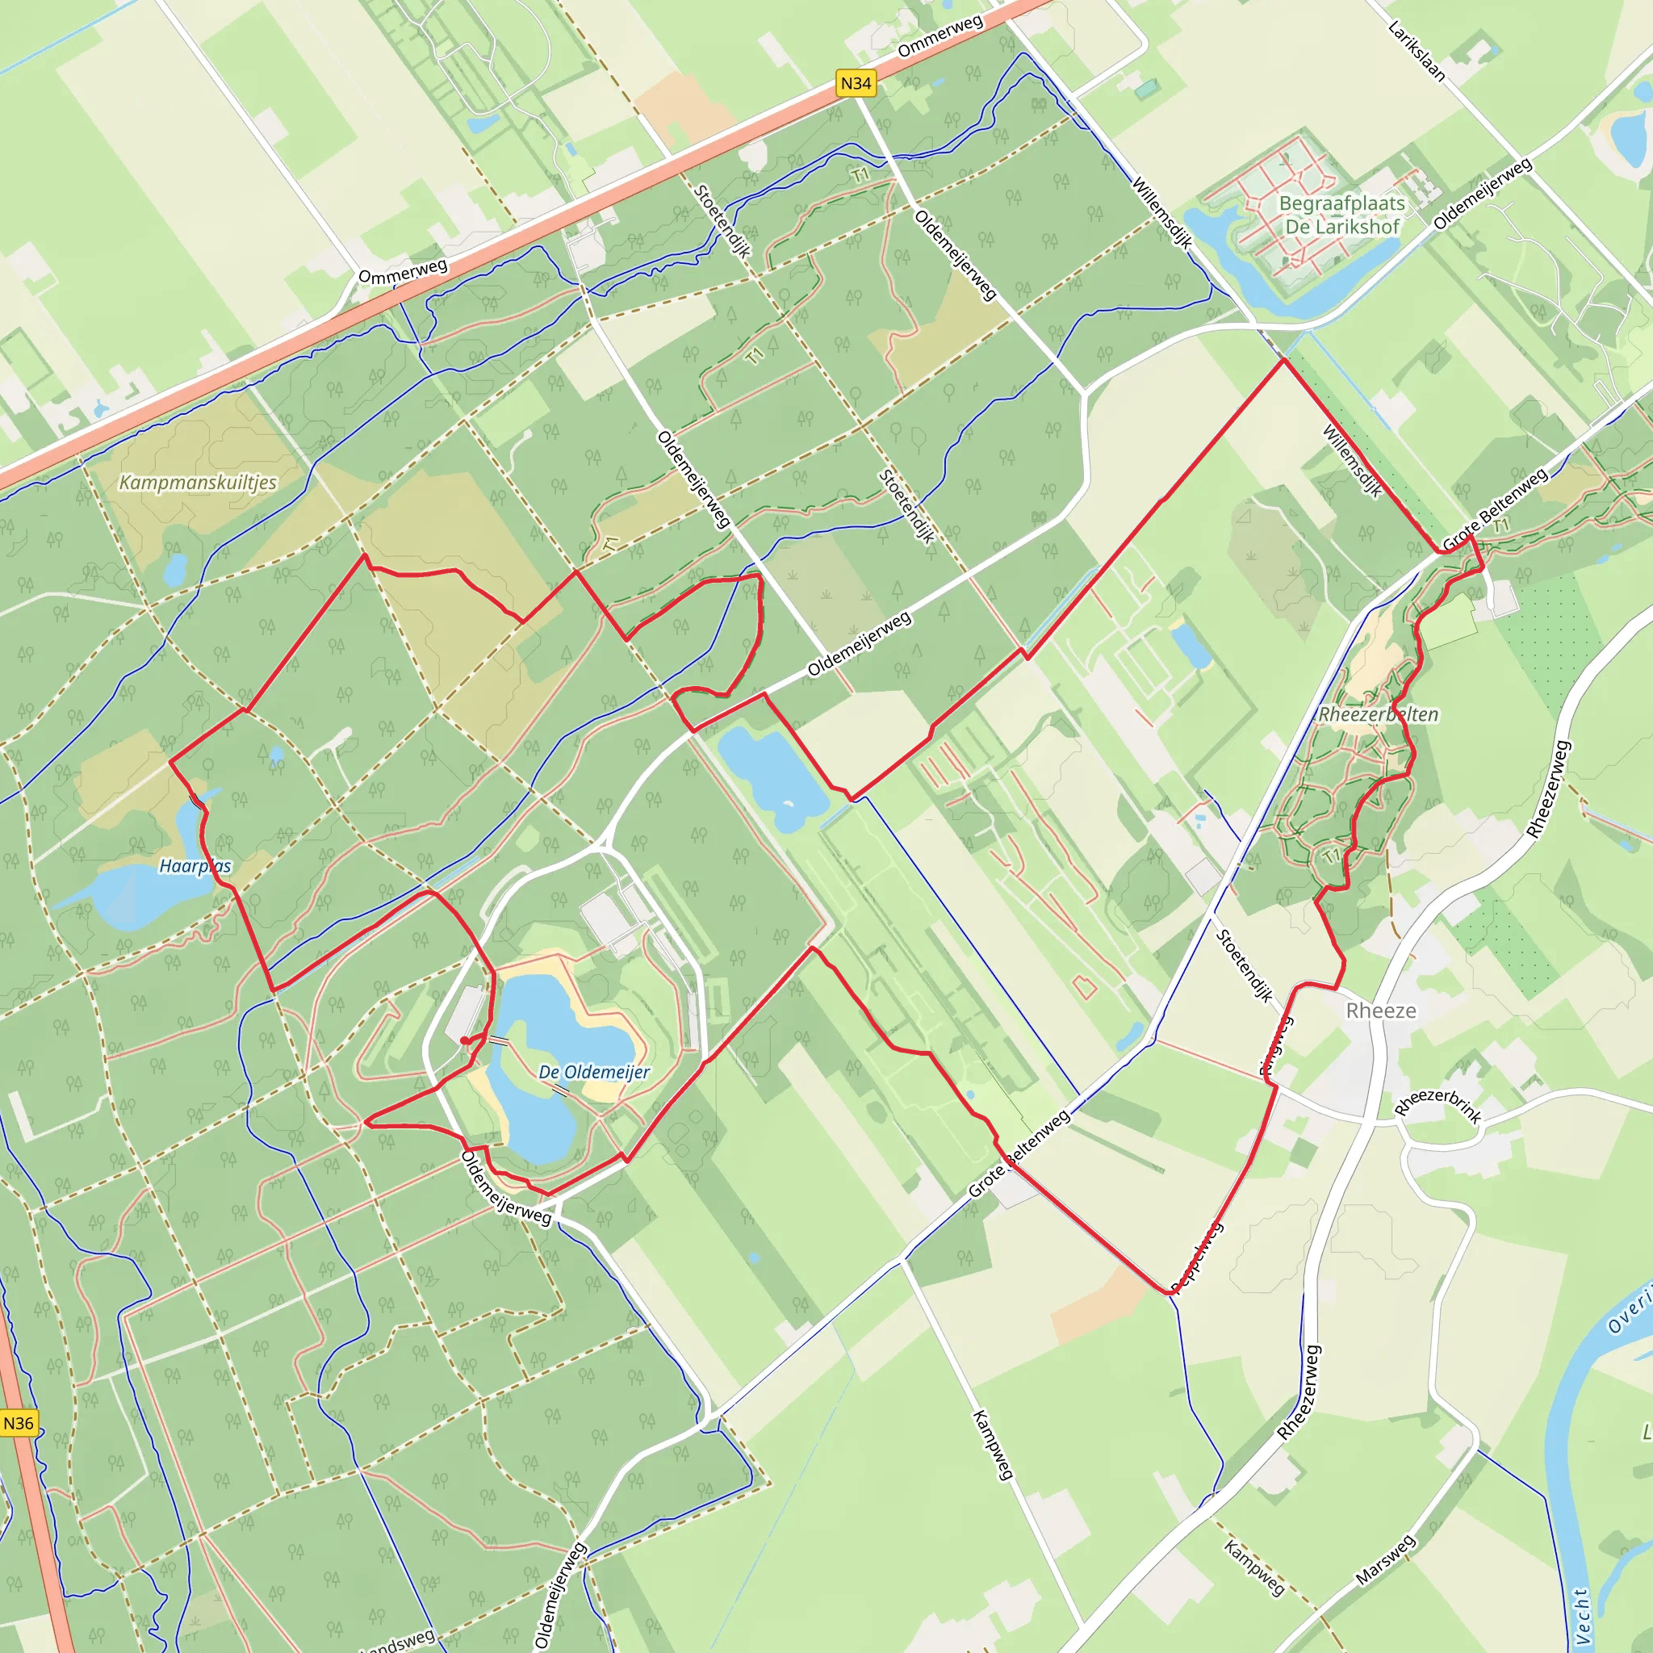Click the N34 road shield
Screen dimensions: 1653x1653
pos(855,83)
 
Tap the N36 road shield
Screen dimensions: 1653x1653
pos(18,1423)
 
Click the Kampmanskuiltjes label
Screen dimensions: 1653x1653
pos(198,483)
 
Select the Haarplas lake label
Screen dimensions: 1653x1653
pos(195,866)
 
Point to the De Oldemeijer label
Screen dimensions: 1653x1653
pos(594,1072)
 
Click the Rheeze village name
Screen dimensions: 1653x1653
pos(1380,1011)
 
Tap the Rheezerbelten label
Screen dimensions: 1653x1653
pos(1378,714)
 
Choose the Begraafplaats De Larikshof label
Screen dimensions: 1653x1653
pos(1341,215)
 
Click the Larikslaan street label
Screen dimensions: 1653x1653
pos(1416,52)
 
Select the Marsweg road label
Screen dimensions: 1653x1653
pos(1385,1559)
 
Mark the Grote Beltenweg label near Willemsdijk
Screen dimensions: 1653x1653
pos(1495,510)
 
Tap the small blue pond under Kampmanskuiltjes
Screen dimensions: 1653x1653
pos(174,571)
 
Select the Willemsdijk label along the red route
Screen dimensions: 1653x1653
pos(1352,461)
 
